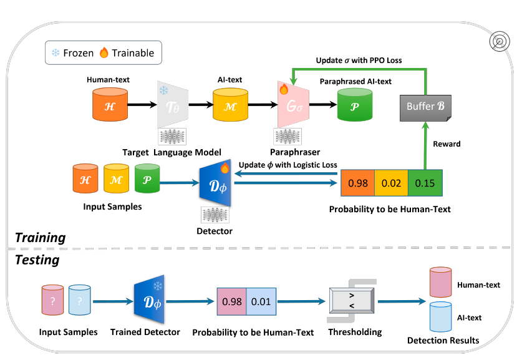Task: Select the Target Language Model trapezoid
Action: pos(172,104)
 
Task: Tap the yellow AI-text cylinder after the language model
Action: pos(231,104)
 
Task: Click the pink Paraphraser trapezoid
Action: pos(291,104)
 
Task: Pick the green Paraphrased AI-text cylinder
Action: pos(354,104)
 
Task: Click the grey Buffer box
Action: pos(425,105)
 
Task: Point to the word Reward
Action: pos(446,144)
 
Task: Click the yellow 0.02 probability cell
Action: pos(390,183)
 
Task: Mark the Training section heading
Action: pos(41,237)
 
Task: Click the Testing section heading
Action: pos(37,260)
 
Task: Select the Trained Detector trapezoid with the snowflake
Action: pos(148,300)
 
